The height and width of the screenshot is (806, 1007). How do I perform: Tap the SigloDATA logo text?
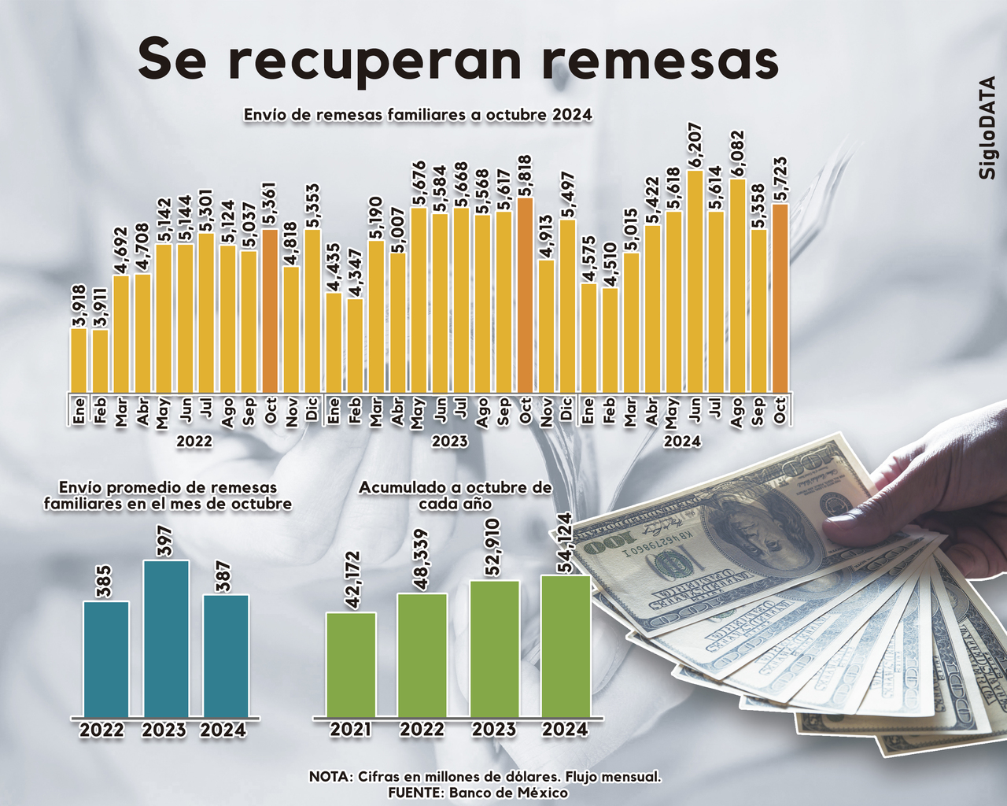[x=987, y=128]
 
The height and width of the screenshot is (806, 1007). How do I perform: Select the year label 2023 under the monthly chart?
[x=450, y=442]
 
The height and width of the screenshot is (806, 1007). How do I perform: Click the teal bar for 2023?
[x=165, y=638]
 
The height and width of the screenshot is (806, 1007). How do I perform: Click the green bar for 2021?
[x=351, y=664]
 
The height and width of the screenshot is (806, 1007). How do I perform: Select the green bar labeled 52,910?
[x=494, y=649]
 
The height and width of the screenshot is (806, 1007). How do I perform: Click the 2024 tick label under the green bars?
[x=564, y=730]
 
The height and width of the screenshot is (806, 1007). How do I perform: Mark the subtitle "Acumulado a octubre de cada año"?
[x=456, y=495]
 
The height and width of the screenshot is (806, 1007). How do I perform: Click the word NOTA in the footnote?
[x=330, y=777]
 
